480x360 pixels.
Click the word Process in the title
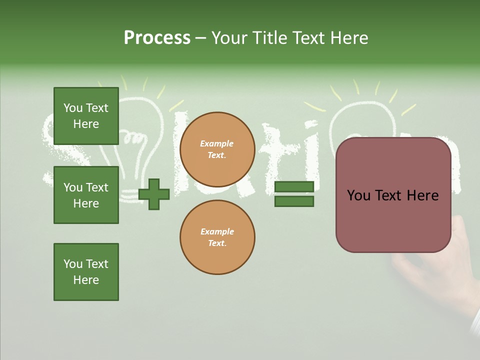157,38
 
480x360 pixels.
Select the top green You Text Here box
86,116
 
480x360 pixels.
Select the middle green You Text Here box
86,195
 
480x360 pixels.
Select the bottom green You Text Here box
86,272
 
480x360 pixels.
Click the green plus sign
154,194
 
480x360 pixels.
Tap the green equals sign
294,194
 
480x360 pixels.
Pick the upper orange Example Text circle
217,149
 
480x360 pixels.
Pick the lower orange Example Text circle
217,237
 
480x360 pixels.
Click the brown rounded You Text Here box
393,195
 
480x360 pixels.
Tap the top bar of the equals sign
294,186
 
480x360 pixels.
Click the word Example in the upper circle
217,143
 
